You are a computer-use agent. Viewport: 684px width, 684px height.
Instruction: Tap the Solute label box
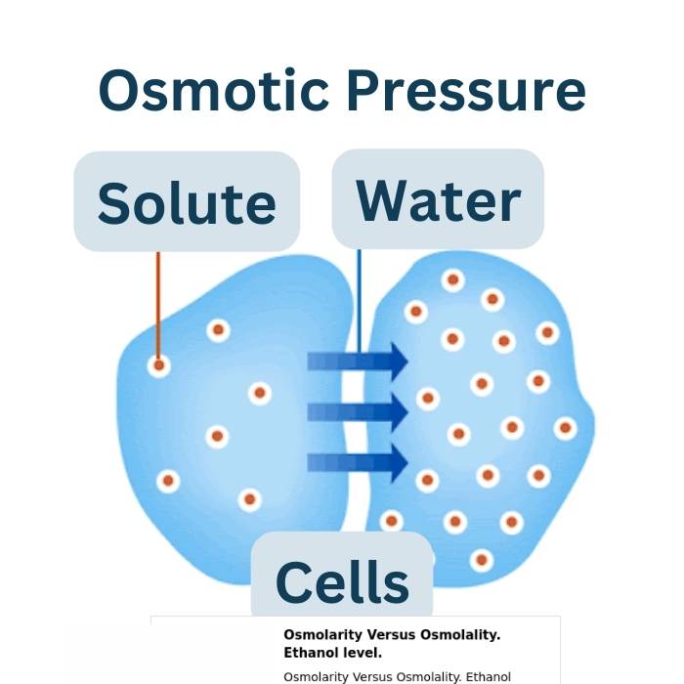[x=187, y=201]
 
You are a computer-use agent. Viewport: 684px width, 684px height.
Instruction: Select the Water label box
[x=438, y=198]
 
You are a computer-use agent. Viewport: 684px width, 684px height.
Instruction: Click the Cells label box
[x=342, y=580]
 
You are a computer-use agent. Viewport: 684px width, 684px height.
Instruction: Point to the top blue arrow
[x=358, y=362]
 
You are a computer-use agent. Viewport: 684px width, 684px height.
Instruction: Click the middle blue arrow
[x=358, y=412]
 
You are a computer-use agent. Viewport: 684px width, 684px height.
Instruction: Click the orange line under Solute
[x=158, y=303]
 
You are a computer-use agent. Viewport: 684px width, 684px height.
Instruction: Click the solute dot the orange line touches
[x=158, y=365]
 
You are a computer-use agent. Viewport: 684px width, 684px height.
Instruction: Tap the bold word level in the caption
[x=362, y=652]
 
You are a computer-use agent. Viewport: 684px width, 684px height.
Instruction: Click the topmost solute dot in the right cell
[x=452, y=280]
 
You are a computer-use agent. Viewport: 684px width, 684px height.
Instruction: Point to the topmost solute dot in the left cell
[x=218, y=330]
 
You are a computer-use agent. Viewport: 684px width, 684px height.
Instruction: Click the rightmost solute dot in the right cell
[x=565, y=428]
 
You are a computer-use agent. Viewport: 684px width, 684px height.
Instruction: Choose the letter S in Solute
[x=118, y=203]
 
